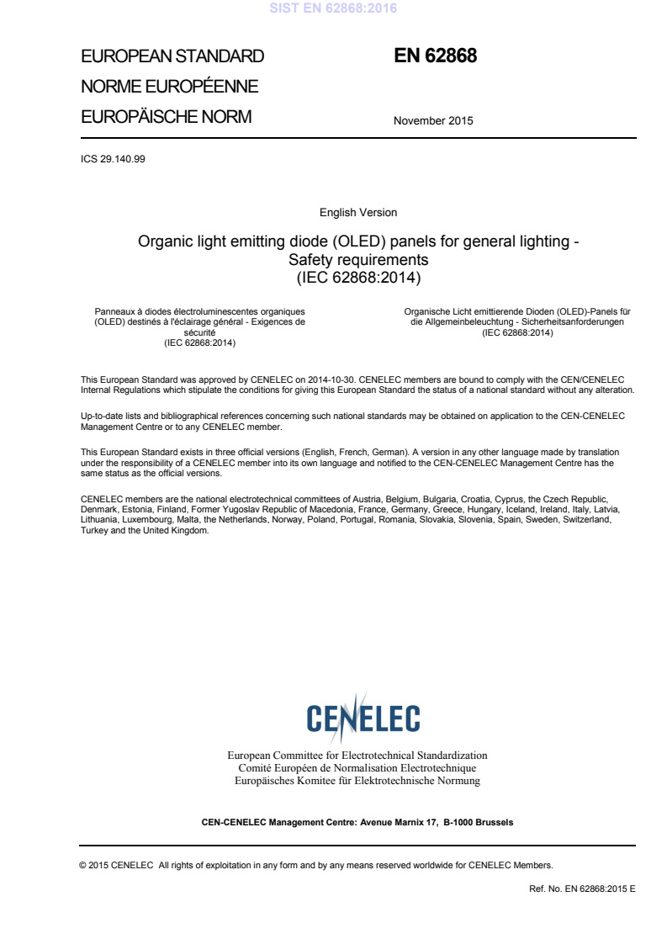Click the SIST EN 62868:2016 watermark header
click(333, 9)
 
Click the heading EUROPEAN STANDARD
click(172, 56)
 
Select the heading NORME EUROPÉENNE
click(169, 87)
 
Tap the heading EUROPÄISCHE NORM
click(166, 117)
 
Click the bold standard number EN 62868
click(436, 56)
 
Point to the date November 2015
click(433, 120)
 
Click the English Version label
click(358, 212)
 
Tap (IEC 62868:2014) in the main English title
click(358, 276)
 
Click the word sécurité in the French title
click(199, 333)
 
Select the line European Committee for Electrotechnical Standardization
click(357, 756)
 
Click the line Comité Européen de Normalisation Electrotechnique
click(357, 768)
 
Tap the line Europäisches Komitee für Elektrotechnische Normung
click(357, 781)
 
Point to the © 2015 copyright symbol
click(82, 865)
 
